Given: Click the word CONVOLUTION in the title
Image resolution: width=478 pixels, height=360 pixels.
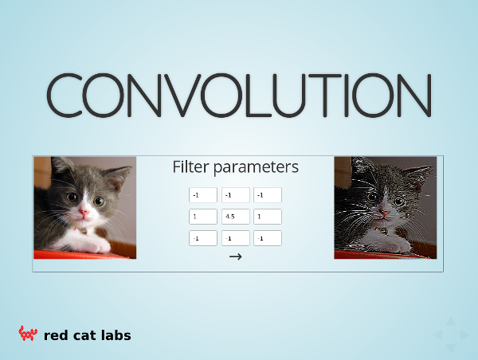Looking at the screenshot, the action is click(239, 95).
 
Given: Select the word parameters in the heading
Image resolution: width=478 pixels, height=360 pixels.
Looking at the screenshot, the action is click(256, 168).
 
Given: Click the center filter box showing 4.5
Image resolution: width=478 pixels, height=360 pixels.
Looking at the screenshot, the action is click(235, 217).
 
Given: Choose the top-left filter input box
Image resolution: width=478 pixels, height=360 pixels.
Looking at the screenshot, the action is click(203, 195).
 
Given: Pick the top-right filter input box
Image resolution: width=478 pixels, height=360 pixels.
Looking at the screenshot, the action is click(268, 195).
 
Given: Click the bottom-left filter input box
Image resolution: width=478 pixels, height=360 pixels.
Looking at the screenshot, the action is click(203, 238).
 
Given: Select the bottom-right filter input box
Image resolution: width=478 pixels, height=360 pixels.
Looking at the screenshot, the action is click(268, 238).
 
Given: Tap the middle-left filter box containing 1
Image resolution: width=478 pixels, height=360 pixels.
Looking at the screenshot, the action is click(203, 217).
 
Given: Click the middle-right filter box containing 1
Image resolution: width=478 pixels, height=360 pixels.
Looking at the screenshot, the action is click(268, 217).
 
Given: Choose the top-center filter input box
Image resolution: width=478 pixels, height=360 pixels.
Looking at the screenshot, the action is click(235, 195).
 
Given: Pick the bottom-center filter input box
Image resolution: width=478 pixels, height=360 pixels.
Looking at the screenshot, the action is click(235, 238).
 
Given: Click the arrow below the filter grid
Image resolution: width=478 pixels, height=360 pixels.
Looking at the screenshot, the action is click(235, 256).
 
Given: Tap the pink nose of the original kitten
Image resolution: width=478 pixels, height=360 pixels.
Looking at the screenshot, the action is click(83, 212).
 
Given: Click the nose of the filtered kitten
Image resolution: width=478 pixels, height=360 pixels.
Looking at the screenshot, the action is click(383, 212).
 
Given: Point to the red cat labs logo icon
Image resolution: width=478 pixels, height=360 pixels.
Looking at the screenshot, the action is click(28, 333).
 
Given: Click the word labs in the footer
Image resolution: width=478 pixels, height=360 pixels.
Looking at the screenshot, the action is click(116, 335).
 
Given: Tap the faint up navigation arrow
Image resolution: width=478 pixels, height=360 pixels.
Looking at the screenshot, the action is click(451, 322).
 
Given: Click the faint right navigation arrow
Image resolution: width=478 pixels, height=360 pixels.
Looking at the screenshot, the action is click(465, 335).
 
